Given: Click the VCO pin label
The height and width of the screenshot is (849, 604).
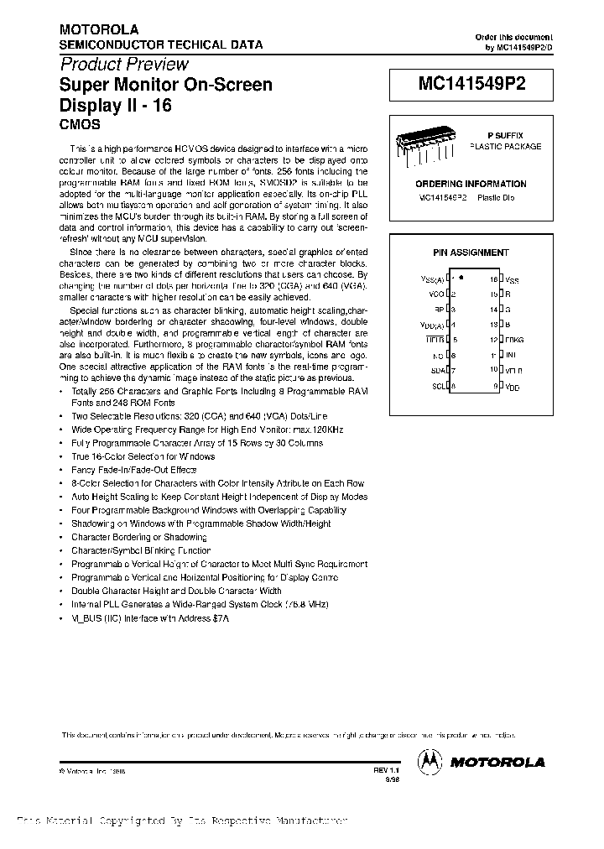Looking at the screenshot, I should click(435, 294).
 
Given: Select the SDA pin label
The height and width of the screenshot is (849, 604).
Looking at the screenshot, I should click(437, 370).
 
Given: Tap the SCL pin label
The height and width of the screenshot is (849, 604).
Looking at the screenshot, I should click(437, 386).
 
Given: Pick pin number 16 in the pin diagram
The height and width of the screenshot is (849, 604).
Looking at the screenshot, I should click(493, 279).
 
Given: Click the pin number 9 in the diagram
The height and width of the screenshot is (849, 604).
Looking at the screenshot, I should click(496, 386).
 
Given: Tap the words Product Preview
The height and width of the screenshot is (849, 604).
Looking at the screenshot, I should click(124, 65).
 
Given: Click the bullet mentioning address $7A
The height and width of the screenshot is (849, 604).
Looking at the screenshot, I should click(150, 617).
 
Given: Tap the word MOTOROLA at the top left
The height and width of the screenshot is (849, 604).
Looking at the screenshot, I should click(92, 29).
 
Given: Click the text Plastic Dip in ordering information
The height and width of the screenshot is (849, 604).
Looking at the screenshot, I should click(496, 197).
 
